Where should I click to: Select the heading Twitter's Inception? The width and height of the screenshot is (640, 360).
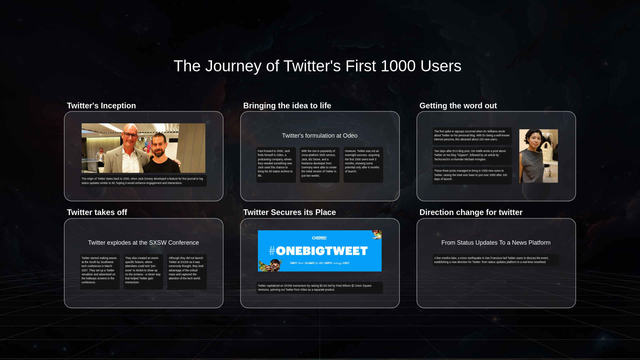pyautogui.click(x=101, y=106)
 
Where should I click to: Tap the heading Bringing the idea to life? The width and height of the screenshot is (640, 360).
pyautogui.click(x=287, y=106)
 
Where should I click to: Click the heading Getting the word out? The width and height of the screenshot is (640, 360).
pyautogui.click(x=458, y=106)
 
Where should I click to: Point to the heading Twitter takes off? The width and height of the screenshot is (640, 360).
pyautogui.click(x=97, y=212)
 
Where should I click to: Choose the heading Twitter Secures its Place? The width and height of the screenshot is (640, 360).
pyautogui.click(x=289, y=212)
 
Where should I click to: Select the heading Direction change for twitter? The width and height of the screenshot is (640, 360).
pyautogui.click(x=471, y=212)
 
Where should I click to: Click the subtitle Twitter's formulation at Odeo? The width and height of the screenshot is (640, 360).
pyautogui.click(x=319, y=136)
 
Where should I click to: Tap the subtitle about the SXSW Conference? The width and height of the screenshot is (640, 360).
pyautogui.click(x=143, y=243)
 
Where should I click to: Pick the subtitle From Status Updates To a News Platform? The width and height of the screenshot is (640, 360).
pyautogui.click(x=496, y=243)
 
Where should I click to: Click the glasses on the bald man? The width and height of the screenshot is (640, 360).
pyautogui.click(x=130, y=135)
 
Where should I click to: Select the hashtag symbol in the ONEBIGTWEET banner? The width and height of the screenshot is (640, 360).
pyautogui.click(x=272, y=251)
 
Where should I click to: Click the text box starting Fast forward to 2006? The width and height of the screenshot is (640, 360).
pyautogui.click(x=276, y=165)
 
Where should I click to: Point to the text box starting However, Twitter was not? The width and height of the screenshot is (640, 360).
pyautogui.click(x=363, y=165)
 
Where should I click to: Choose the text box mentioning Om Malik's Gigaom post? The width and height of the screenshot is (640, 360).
pyautogui.click(x=472, y=155)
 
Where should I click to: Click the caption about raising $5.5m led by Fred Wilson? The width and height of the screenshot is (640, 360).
pyautogui.click(x=319, y=288)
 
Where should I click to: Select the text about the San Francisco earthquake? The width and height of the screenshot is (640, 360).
pyautogui.click(x=496, y=260)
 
